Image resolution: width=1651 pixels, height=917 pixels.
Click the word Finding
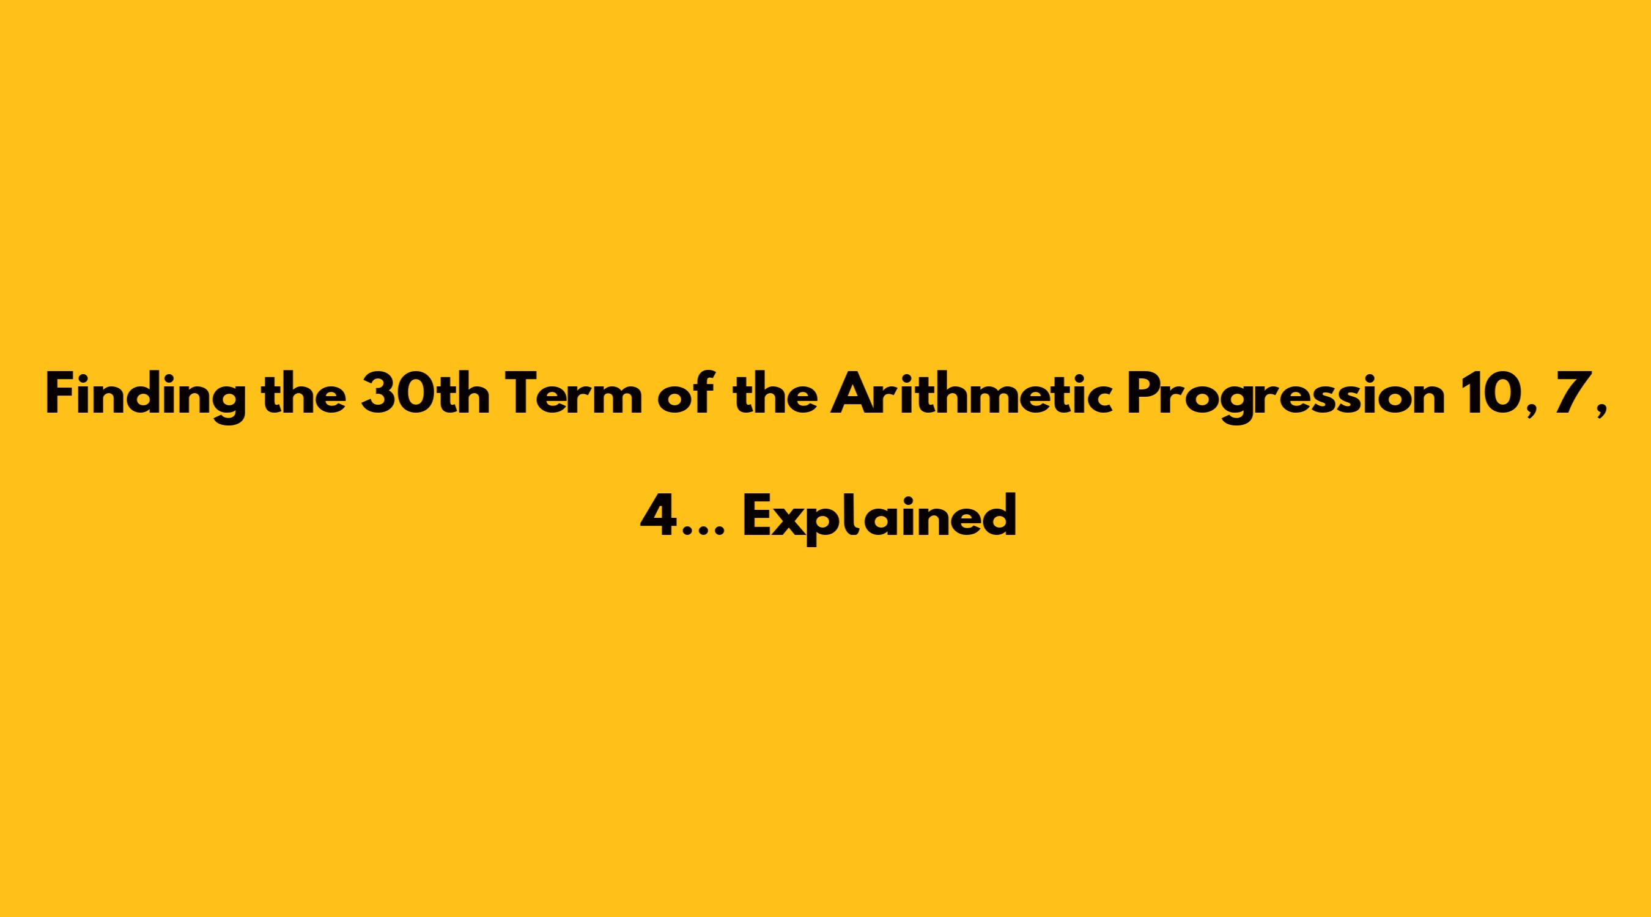coord(146,397)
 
